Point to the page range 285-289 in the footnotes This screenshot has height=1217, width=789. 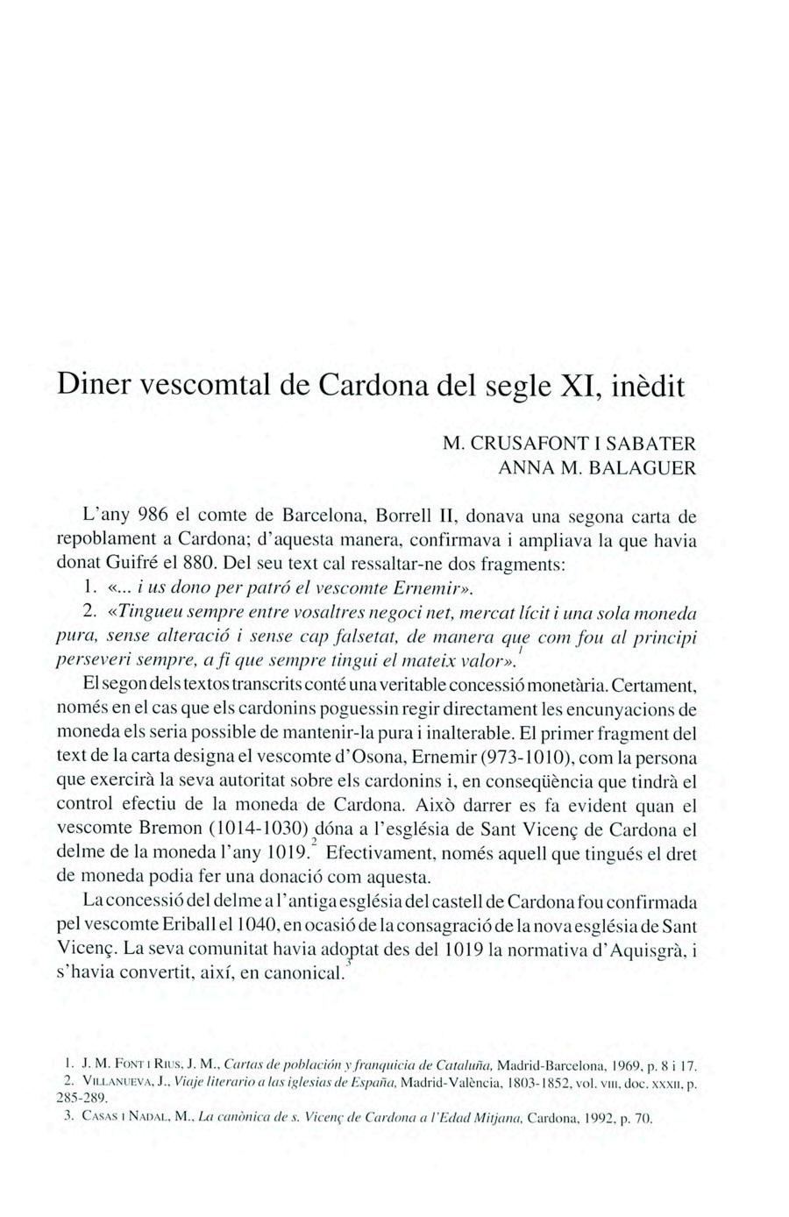[x=82, y=1098]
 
